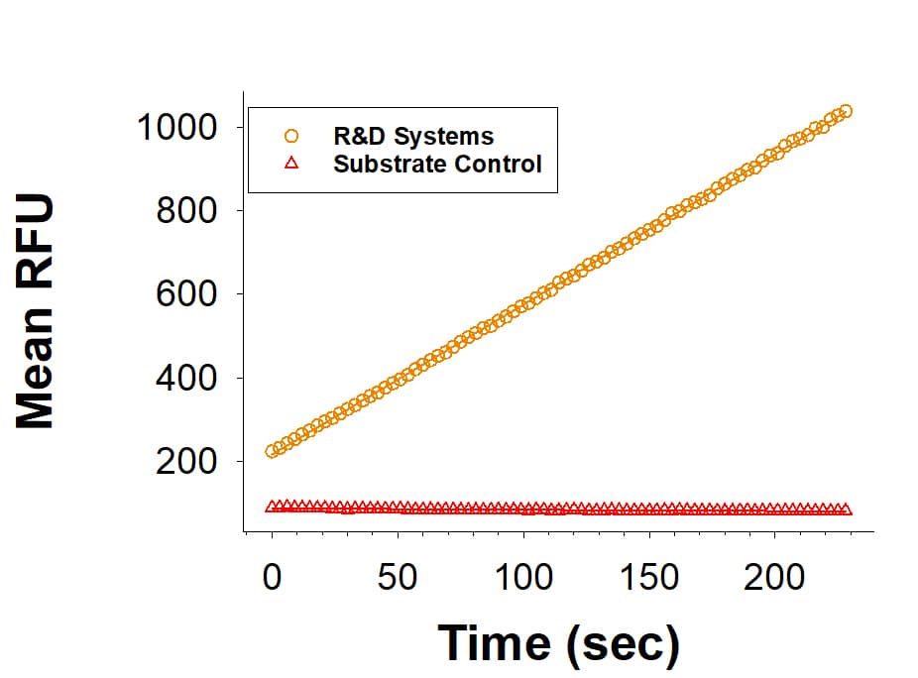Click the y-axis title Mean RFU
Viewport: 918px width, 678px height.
(36, 311)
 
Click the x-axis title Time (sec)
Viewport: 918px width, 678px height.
(559, 642)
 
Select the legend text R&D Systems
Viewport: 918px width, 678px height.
(413, 136)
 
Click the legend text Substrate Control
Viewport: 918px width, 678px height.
(437, 164)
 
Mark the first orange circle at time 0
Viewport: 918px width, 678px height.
(273, 451)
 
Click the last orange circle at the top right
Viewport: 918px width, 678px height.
(845, 111)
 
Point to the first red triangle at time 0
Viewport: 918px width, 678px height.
(273, 508)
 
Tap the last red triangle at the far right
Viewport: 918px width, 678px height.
(846, 509)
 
